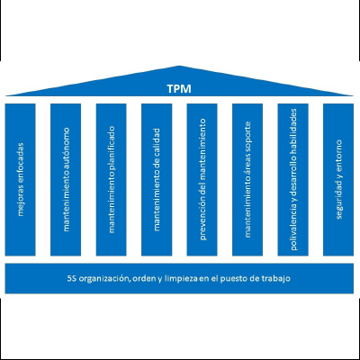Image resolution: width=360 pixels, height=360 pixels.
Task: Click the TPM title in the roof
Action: pos(179,89)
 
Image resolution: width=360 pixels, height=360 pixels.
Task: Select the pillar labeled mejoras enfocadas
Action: pos(20,180)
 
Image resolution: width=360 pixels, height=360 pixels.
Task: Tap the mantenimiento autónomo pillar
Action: pos(66,180)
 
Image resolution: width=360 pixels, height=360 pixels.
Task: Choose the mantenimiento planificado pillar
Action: pos(111,180)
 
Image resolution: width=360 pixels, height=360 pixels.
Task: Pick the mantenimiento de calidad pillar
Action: pos(157,180)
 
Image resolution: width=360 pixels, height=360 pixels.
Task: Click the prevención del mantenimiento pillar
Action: pos(202,180)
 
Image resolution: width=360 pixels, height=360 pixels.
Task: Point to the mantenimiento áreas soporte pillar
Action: pos(247,180)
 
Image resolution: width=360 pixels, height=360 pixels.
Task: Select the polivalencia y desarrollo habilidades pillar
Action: pos(292,180)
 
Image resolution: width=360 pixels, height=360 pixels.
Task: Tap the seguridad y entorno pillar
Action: pos(338,180)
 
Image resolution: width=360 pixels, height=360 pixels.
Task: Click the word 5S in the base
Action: pos(71,278)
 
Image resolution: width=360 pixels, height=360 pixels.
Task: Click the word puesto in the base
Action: pos(231,279)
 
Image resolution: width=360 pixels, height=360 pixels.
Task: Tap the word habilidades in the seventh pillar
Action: pos(293,127)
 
